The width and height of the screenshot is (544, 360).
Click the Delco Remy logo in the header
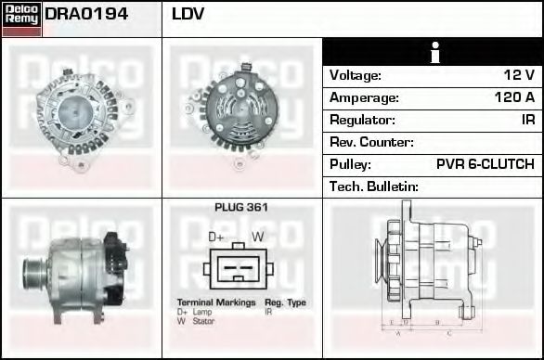coord(20,18)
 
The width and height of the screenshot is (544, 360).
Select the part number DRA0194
coord(86,15)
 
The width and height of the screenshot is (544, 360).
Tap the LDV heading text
coord(188,15)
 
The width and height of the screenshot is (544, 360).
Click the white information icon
coord(433,53)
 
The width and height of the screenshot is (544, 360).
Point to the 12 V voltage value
coord(517,75)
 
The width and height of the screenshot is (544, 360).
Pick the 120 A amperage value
coord(514,97)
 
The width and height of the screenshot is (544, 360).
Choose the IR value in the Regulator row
coord(527,120)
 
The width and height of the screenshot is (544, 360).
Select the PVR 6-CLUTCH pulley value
coord(485,164)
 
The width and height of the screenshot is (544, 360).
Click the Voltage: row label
coord(356,75)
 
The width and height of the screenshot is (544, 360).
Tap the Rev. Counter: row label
coord(371,142)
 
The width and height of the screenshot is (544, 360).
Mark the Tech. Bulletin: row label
coord(374,186)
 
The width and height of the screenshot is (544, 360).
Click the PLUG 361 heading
coord(241,208)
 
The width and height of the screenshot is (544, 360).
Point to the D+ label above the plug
coord(216,238)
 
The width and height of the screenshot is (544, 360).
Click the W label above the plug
coord(258,238)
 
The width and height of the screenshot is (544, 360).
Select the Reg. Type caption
coord(285,303)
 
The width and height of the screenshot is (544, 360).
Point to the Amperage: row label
coord(364,97)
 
